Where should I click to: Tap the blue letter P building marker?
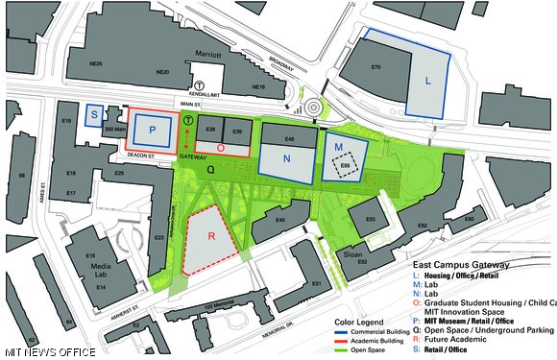click(x=151, y=131)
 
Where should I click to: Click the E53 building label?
click(x=370, y=220)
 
